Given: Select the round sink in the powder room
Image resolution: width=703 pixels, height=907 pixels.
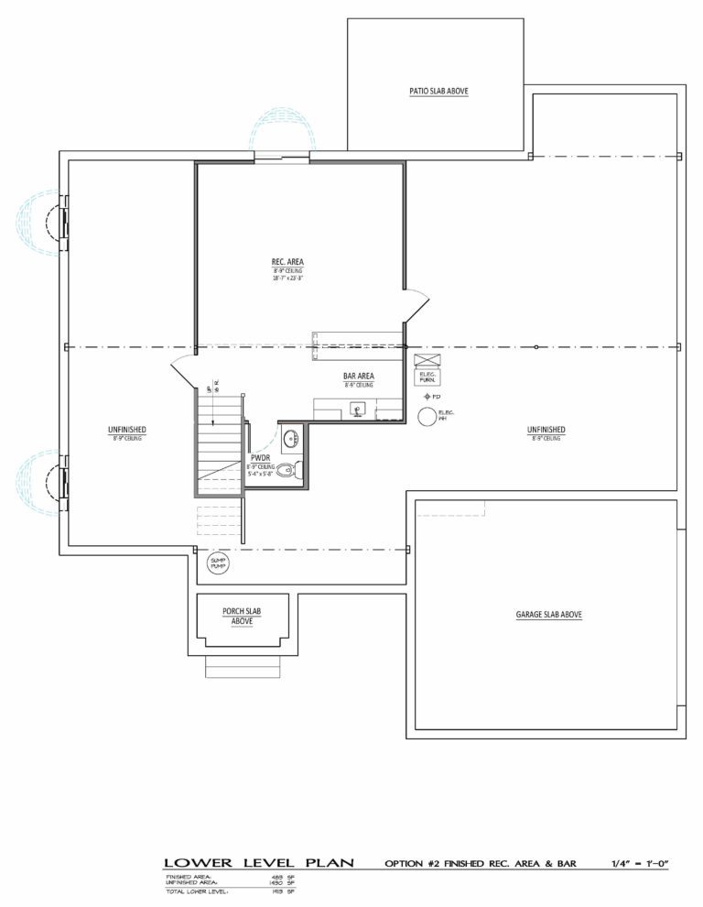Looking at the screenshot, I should click(x=290, y=437).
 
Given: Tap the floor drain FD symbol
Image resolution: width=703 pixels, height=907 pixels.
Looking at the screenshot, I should click(x=427, y=397).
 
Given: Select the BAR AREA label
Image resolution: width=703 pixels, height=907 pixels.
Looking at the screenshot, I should click(x=358, y=377).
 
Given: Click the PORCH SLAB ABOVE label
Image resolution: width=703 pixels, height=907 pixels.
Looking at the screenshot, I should click(x=243, y=616).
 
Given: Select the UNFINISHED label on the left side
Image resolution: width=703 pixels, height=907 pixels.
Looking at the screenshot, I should click(x=126, y=429).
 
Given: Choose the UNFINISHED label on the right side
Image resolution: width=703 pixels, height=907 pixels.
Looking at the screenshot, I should click(x=546, y=429).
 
